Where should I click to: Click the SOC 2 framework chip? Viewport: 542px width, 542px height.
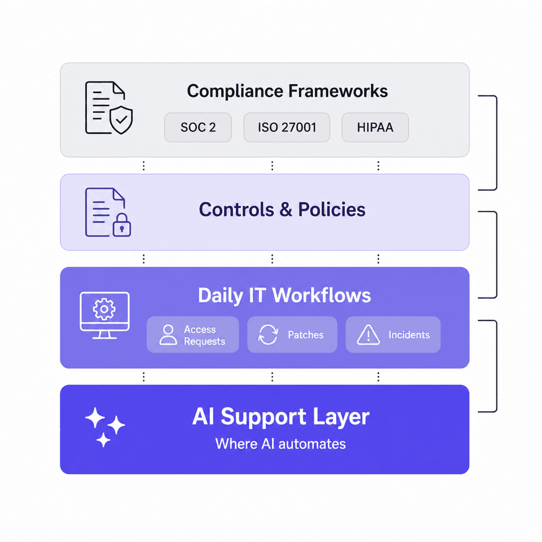(198, 127)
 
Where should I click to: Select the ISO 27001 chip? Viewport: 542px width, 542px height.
(287, 127)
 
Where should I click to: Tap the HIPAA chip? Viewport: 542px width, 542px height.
(375, 127)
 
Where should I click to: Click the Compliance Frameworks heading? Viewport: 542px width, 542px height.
(287, 91)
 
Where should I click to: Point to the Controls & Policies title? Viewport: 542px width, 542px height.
(282, 210)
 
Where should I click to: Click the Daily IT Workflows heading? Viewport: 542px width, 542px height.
(284, 295)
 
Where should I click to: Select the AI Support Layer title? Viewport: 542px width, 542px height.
(281, 417)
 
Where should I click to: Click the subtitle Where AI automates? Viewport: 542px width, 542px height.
(281, 444)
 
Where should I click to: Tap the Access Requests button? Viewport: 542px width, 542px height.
(193, 335)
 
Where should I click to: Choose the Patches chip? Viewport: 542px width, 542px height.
(292, 335)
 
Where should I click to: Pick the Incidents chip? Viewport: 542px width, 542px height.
(393, 335)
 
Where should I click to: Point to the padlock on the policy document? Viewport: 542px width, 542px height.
(122, 225)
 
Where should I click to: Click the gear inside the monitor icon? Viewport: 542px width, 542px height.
(104, 309)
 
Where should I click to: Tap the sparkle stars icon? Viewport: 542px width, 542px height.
(105, 427)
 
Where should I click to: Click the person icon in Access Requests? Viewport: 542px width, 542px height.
(168, 335)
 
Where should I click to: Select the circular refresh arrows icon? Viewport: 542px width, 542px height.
(268, 335)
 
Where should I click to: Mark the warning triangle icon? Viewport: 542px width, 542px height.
(368, 335)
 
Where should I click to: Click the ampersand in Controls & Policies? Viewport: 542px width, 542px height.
(285, 210)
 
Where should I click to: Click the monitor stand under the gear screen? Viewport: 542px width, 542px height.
(104, 335)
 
